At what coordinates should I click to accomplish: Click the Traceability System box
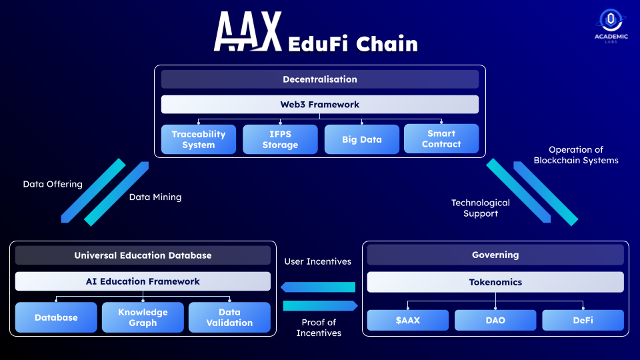tap(199, 139)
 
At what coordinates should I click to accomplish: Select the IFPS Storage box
tap(280, 139)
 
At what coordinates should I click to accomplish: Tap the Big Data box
tap(361, 139)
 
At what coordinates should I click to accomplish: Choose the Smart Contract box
tap(441, 139)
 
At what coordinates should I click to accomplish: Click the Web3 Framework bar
tap(319, 105)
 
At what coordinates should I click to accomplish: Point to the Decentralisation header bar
tap(319, 79)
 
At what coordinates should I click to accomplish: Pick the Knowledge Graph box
tap(143, 317)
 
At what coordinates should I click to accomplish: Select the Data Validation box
tap(229, 317)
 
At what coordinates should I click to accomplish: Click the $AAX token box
tap(408, 320)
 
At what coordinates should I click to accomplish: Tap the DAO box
tap(495, 320)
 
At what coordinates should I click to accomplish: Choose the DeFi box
tap(583, 320)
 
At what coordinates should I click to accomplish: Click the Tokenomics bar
tap(495, 282)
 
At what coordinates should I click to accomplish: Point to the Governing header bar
tap(495, 255)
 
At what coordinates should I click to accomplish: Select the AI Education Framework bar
tap(143, 281)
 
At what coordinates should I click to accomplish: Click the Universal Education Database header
tap(143, 255)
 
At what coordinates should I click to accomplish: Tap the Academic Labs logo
tap(611, 26)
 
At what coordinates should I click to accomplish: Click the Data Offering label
tap(53, 184)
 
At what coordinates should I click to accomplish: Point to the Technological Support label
tap(480, 208)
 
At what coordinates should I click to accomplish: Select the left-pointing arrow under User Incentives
tap(317, 287)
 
